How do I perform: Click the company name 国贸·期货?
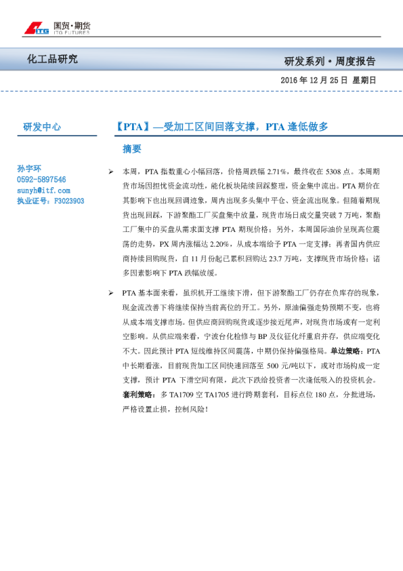click(x=72, y=26)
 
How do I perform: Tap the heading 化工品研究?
click(x=52, y=60)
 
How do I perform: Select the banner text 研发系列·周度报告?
click(x=329, y=61)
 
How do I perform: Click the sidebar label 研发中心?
click(x=42, y=127)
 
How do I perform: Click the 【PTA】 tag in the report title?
click(x=131, y=126)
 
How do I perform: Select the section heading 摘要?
click(x=131, y=149)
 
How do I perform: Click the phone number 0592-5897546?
click(x=41, y=180)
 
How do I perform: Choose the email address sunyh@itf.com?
click(x=43, y=191)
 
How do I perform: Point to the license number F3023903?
click(x=68, y=201)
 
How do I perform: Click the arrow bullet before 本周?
click(x=110, y=172)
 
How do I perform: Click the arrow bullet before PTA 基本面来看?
click(x=110, y=292)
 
